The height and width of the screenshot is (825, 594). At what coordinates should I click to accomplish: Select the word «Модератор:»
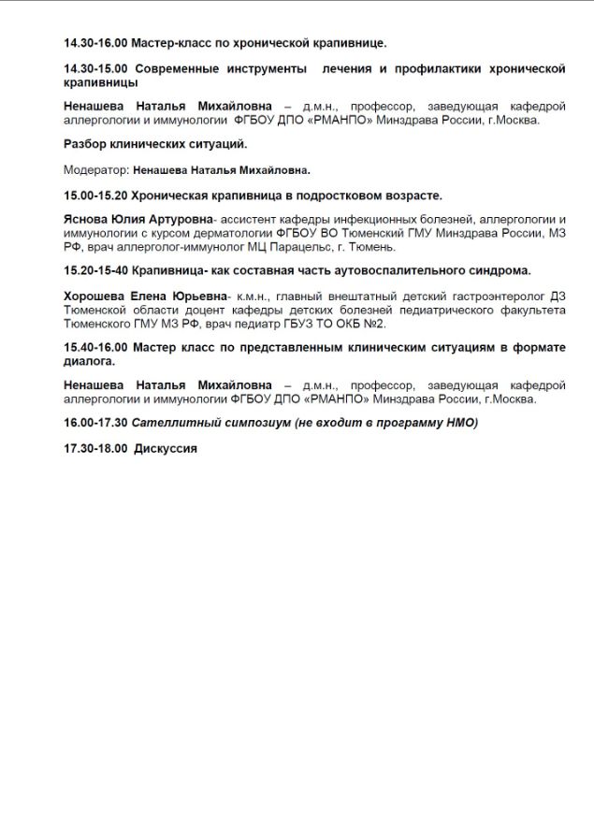click(96, 170)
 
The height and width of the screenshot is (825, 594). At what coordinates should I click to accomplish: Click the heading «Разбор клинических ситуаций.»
click(154, 145)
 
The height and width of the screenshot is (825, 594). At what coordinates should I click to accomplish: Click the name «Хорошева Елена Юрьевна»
click(145, 297)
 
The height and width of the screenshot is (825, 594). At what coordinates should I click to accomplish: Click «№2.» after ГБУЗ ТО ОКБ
click(375, 324)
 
